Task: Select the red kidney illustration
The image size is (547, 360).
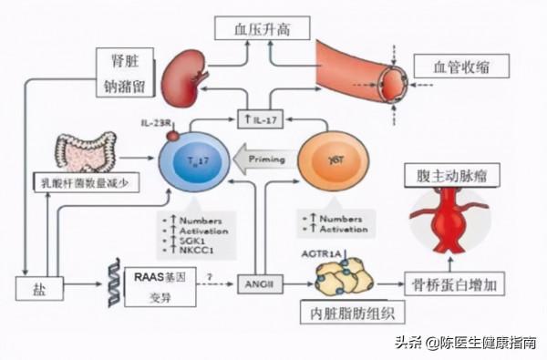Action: (181, 80)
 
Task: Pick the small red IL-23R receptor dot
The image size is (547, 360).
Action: (172, 136)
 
